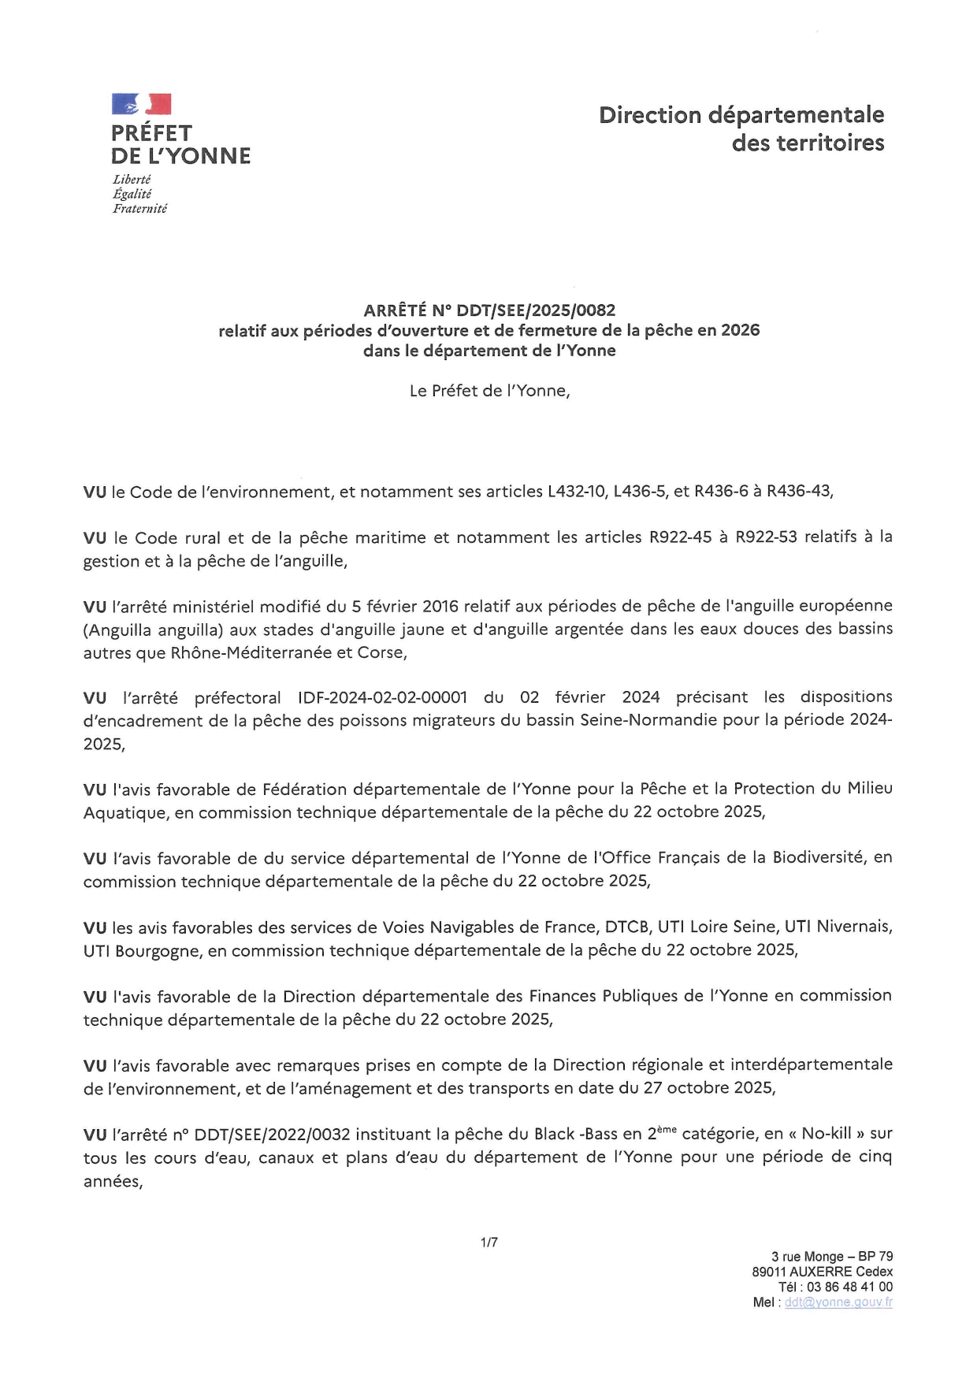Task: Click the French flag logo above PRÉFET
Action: tap(142, 104)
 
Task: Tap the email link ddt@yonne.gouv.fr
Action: tap(838, 1302)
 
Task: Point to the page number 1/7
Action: tap(489, 1243)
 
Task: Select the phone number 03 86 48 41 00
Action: tap(849, 1287)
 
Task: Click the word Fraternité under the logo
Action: tap(140, 209)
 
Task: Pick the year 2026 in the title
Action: tap(740, 330)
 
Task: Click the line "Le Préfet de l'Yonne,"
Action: tap(489, 391)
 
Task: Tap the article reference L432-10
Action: tap(578, 492)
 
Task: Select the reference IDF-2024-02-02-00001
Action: tap(382, 697)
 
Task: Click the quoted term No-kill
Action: tap(827, 1134)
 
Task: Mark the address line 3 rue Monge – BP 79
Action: tap(832, 1257)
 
